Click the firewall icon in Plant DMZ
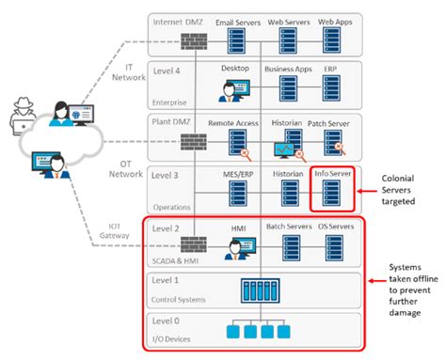tap(194, 143)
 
